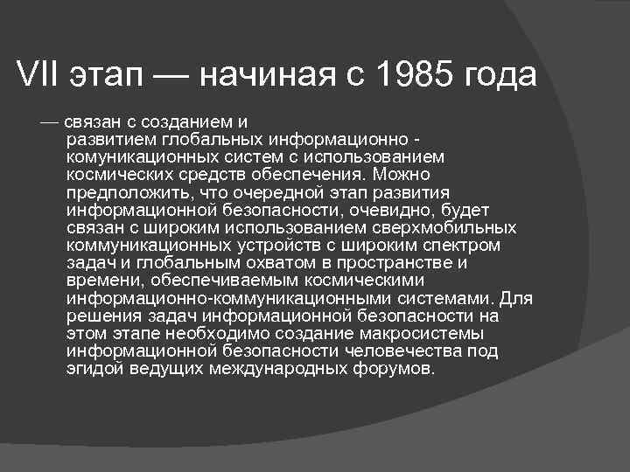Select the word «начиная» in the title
pos(262,76)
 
